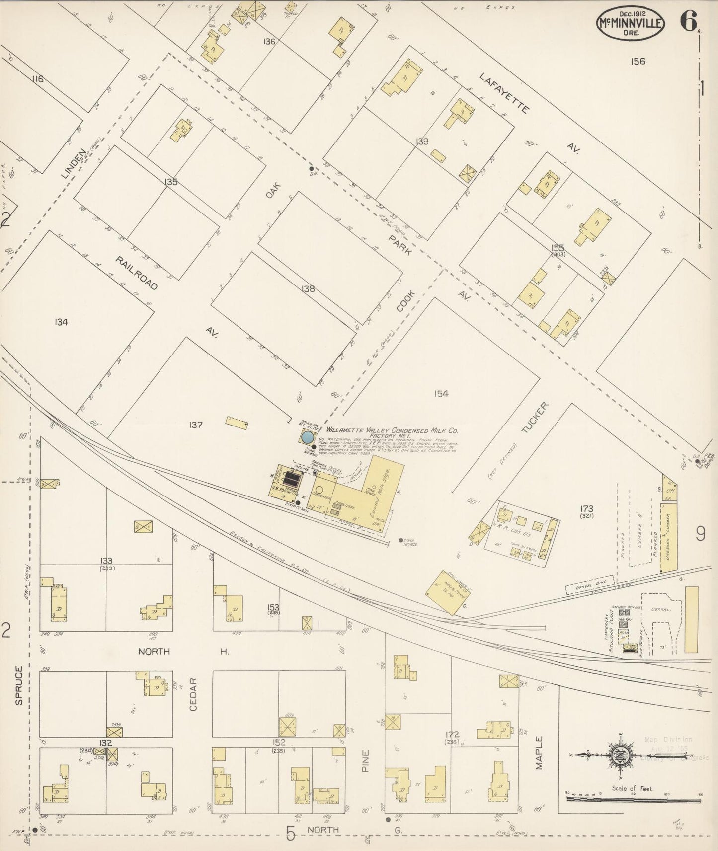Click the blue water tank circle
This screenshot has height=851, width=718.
click(307, 437)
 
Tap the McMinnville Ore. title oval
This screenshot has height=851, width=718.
click(631, 23)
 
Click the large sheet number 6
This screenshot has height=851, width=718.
click(688, 21)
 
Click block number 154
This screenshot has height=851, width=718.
click(441, 394)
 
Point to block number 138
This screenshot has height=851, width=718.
click(308, 288)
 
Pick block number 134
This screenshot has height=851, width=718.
click(61, 322)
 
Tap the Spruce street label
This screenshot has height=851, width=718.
click(19, 685)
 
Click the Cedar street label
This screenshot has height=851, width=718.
click(193, 694)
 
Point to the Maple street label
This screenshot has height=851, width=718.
click(540, 753)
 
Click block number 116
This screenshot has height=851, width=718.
click(37, 79)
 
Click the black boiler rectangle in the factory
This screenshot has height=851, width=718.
click(291, 479)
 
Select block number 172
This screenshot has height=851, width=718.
click(452, 734)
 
